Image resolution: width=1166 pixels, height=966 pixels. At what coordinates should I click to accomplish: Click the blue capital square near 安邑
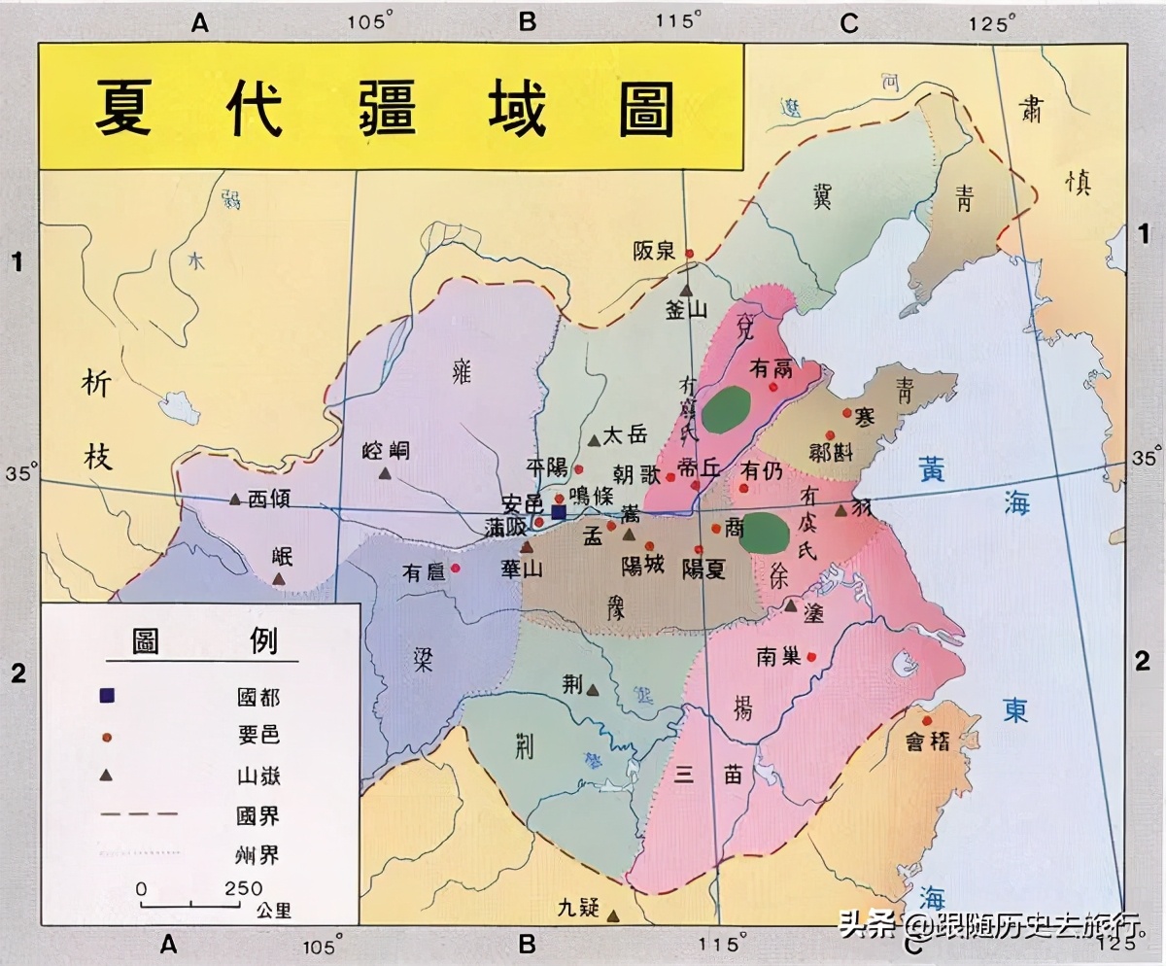[558, 511]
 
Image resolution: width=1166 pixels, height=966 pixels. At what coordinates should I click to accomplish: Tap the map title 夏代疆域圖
[385, 107]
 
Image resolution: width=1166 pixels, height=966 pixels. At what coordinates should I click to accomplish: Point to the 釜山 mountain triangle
[686, 290]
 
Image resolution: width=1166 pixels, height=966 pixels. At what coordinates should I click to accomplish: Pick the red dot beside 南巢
[811, 656]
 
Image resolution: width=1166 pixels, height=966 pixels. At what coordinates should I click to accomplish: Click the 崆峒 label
[386, 451]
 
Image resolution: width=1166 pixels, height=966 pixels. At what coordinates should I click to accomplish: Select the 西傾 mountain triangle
[235, 500]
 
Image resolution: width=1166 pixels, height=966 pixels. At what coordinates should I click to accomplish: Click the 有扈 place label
[424, 573]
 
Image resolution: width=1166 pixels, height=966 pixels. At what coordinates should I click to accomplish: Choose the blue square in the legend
[107, 696]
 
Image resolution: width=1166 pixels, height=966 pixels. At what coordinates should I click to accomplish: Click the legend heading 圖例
[204, 641]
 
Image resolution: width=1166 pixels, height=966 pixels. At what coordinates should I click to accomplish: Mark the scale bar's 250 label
[243, 888]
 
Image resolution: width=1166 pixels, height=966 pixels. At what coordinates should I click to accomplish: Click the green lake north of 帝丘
[729, 409]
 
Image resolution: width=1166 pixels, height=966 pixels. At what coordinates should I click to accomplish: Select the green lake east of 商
[765, 534]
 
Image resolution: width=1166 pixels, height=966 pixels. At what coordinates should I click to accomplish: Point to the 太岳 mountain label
[624, 435]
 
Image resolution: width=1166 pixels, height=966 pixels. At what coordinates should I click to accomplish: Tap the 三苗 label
[707, 775]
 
